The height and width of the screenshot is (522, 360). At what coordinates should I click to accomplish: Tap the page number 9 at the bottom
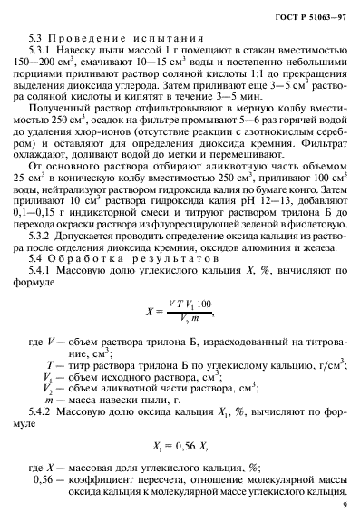(x=345, y=506)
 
